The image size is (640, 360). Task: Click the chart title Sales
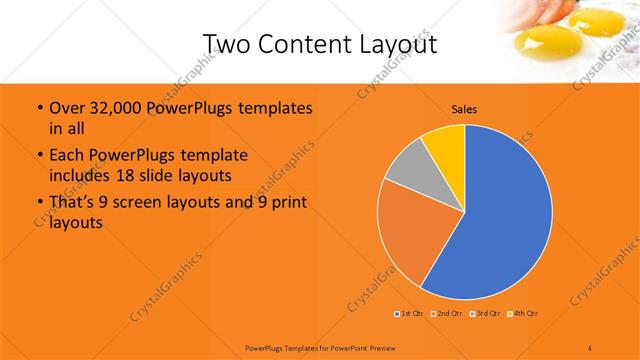464,108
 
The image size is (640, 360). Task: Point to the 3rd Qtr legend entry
484,314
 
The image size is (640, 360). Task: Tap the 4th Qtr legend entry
522,314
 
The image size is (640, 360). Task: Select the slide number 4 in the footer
590,347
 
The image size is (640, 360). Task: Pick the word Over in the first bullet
68,108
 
